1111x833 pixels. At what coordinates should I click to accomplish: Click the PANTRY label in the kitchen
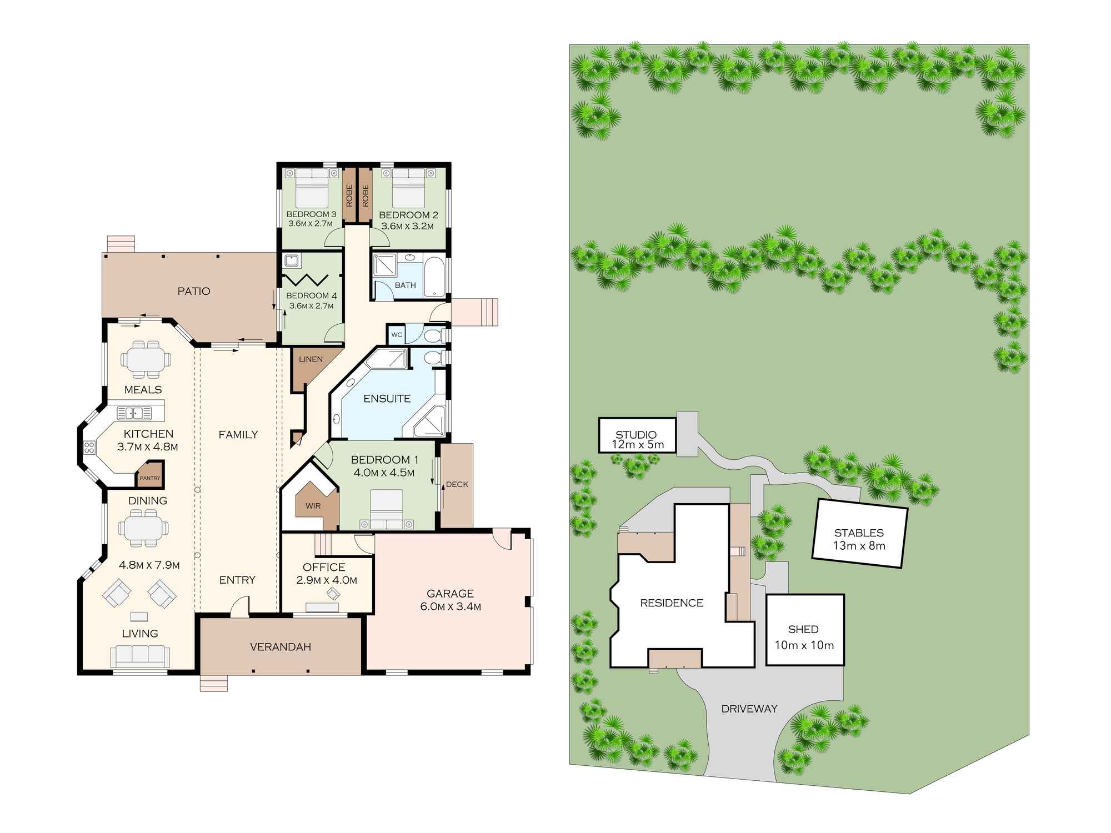pos(149,478)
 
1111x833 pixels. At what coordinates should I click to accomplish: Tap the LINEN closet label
pos(311,359)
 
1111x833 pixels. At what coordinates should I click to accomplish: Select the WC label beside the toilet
pos(396,334)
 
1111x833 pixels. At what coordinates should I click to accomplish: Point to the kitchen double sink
pos(134,413)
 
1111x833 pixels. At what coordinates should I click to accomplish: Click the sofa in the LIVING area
pos(139,656)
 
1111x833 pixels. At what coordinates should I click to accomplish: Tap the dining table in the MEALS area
pos(145,359)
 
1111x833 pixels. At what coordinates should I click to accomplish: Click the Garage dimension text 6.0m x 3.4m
pos(451,607)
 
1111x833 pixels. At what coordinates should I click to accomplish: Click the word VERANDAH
pos(280,647)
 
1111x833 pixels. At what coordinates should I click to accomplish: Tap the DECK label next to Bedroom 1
pos(457,484)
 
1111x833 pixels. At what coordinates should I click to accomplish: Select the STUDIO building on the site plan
pos(637,435)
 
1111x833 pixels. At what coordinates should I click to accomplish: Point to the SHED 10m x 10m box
pos(804,630)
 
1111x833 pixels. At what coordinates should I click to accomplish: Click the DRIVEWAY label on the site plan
pos(749,709)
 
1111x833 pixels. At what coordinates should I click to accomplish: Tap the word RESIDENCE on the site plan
pos(671,603)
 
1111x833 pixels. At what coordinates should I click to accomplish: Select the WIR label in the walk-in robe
pos(313,506)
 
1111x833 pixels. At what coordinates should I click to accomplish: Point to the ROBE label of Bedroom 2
pos(366,195)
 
